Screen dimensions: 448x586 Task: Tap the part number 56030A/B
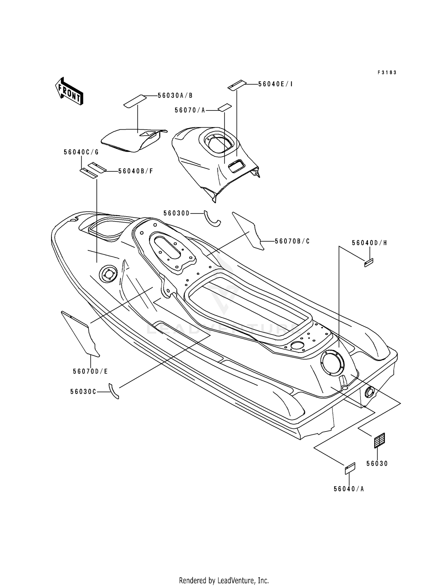coord(175,96)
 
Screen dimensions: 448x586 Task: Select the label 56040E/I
coord(275,84)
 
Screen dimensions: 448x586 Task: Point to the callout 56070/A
coord(190,110)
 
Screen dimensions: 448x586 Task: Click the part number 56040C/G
coord(81,152)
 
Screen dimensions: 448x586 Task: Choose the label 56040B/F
coord(136,171)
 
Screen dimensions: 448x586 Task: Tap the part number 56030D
coord(177,213)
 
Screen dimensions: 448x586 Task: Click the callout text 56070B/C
coord(292,241)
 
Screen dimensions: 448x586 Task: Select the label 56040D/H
coord(369,243)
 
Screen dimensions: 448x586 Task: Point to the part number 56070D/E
coord(90,372)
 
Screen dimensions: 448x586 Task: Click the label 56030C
coord(83,392)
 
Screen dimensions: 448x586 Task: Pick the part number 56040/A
coord(349,489)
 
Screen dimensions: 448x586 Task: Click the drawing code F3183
coord(387,73)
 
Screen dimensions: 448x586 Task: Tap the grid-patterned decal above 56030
coord(379,441)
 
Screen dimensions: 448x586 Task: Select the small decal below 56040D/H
coord(369,263)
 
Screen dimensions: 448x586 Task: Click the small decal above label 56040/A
coord(350,468)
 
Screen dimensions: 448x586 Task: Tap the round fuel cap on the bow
coord(108,274)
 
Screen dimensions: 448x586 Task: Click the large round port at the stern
coord(332,363)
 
